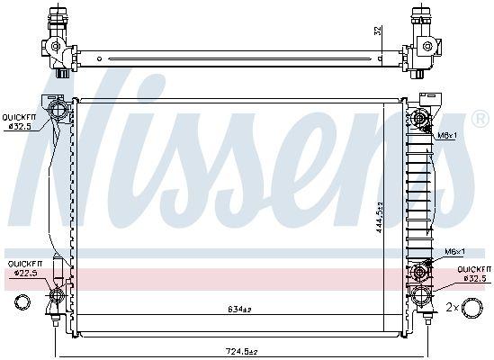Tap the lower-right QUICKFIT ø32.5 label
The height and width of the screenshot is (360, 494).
(472, 274)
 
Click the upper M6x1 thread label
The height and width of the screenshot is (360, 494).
(446, 136)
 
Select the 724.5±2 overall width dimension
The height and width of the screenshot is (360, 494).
(242, 352)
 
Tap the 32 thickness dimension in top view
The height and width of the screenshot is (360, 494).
(378, 31)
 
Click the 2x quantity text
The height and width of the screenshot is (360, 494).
(453, 308)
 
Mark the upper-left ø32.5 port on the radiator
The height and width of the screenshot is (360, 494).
(58, 112)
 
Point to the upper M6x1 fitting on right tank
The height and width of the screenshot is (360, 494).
(420, 118)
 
